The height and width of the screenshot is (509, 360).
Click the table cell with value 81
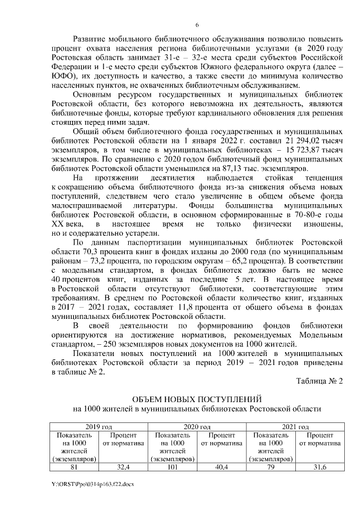click(74, 466)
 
